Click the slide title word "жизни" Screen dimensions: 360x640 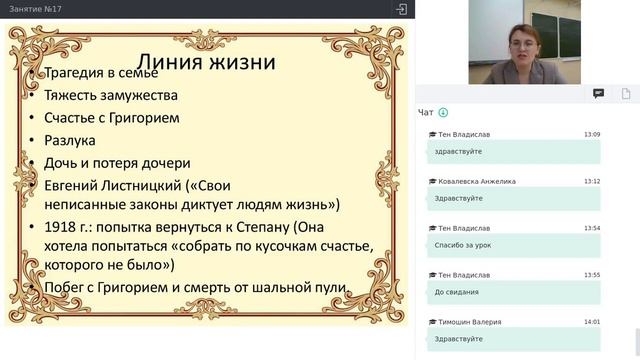point(241,62)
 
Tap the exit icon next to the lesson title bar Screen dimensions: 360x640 point(401,9)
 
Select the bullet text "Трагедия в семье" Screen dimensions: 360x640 point(100,74)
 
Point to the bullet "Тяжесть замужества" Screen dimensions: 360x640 point(111,96)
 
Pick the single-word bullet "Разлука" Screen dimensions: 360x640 point(70,140)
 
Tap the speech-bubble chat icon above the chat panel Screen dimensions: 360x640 point(598,93)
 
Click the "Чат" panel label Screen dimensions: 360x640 point(426,112)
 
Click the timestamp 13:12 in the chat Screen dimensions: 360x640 point(592,181)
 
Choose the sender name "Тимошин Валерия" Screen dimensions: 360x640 point(469,322)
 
